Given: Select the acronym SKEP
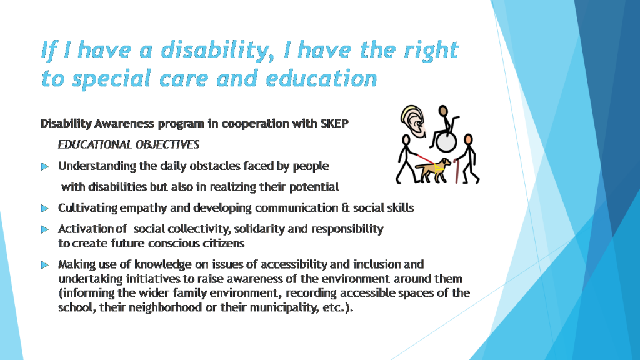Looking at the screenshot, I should click(334, 123).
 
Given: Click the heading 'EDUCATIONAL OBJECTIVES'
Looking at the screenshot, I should click(129, 144).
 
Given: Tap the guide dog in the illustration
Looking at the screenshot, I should click(435, 169).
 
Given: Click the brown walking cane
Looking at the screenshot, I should click(459, 170).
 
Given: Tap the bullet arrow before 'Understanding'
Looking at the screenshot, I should click(44, 166).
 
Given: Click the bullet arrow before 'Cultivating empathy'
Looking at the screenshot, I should click(44, 207).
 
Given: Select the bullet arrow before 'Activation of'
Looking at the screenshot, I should click(44, 229).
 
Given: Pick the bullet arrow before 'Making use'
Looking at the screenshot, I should click(44, 264).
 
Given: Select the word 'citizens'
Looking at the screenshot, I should click(224, 243).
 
